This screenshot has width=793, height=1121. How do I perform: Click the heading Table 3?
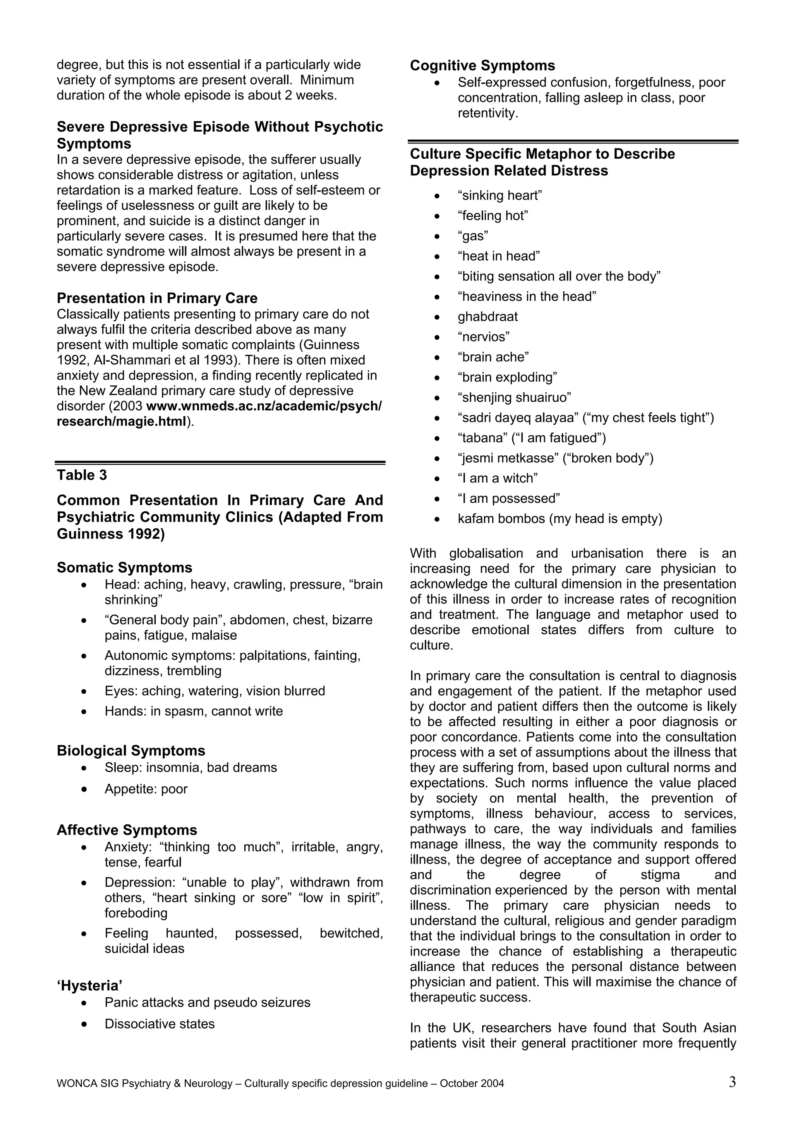click(x=82, y=475)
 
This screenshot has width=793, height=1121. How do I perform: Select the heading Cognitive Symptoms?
click(x=482, y=65)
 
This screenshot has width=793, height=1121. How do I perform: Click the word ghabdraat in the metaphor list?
click(x=487, y=317)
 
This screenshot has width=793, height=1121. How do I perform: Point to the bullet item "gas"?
click(x=472, y=236)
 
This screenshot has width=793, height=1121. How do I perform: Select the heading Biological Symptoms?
click(x=131, y=750)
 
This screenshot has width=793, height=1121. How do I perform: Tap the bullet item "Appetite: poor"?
click(x=146, y=789)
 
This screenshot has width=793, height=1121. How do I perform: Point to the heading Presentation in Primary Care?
click(x=157, y=298)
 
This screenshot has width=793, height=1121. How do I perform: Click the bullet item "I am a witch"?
click(x=498, y=478)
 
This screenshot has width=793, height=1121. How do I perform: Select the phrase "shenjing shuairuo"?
click(x=514, y=397)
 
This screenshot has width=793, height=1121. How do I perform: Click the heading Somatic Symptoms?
click(x=124, y=567)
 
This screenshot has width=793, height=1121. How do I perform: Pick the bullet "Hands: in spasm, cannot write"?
click(x=194, y=711)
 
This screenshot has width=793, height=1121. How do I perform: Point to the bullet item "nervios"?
click(x=483, y=337)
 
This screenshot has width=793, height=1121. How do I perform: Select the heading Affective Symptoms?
click(x=127, y=830)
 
